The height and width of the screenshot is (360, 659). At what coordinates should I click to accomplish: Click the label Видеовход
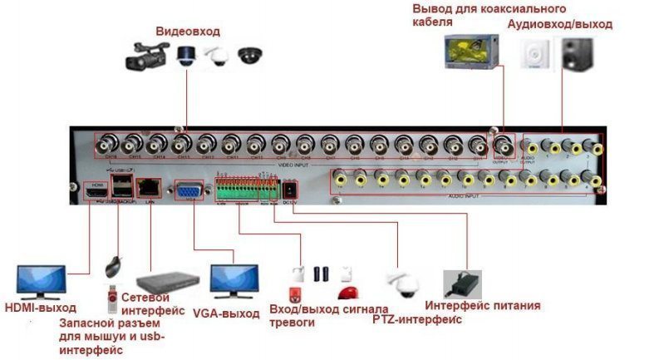(188, 32)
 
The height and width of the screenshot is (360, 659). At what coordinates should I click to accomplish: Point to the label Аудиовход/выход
(559, 24)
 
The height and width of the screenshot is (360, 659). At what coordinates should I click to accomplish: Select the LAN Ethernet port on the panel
(150, 188)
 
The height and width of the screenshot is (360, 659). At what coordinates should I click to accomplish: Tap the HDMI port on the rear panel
(95, 192)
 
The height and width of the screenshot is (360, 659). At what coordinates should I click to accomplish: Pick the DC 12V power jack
(290, 190)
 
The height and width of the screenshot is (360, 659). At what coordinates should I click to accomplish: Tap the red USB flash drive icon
(109, 296)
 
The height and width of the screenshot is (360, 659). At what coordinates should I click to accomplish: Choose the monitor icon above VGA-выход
(234, 284)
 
